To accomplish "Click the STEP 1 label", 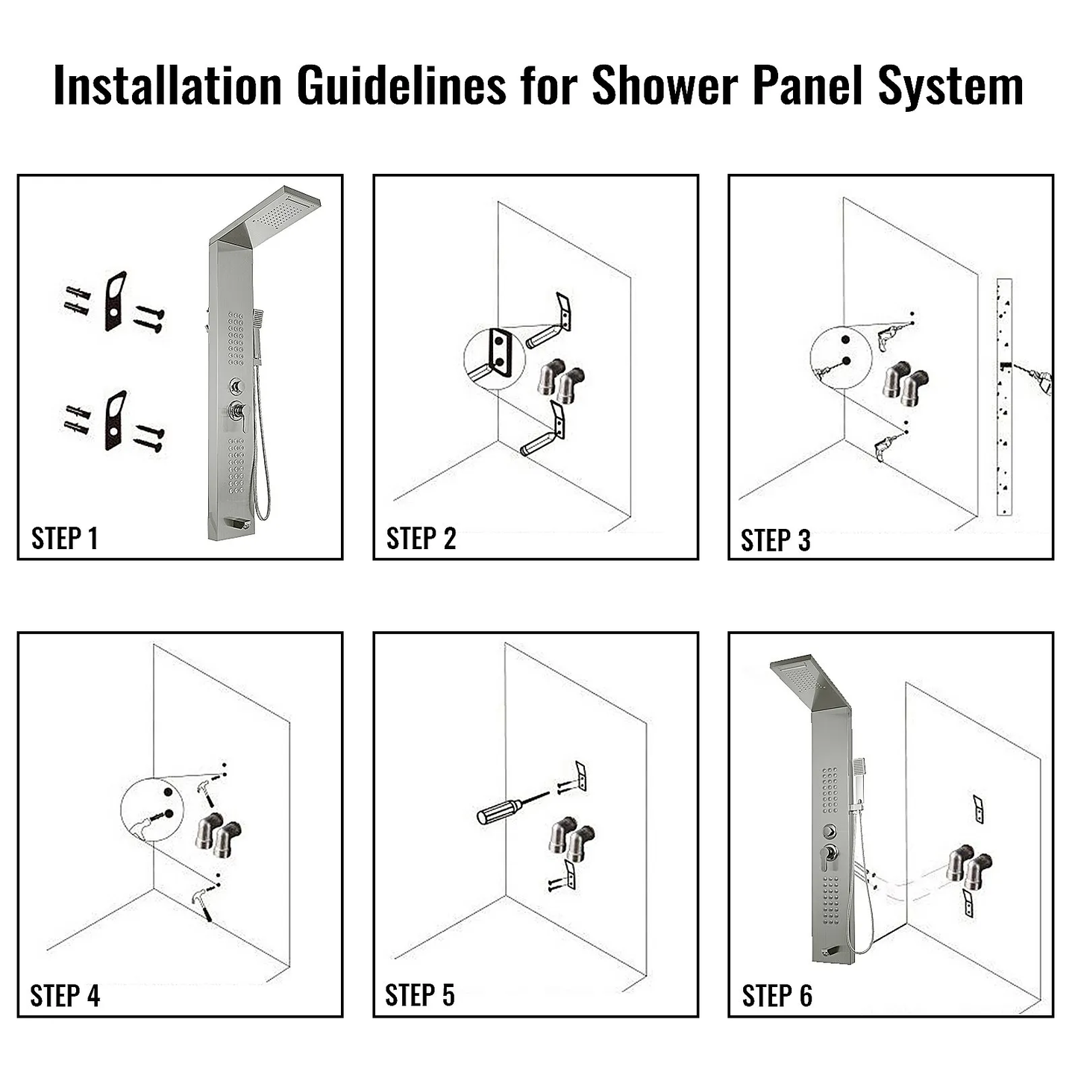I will click(x=64, y=538).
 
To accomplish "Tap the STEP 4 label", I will click(x=64, y=995).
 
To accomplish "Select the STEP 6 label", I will click(x=777, y=995).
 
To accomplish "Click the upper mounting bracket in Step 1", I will click(x=115, y=301).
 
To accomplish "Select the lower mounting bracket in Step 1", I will click(x=115, y=420).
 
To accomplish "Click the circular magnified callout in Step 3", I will click(x=841, y=357).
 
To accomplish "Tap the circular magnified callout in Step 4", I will click(x=152, y=809).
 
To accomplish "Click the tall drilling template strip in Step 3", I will click(x=1004, y=397).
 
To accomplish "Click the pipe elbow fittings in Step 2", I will click(x=560, y=380).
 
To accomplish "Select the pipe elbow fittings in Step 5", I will click(x=571, y=839).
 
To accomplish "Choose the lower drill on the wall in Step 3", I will click(x=888, y=445).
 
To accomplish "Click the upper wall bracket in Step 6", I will click(x=978, y=809).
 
